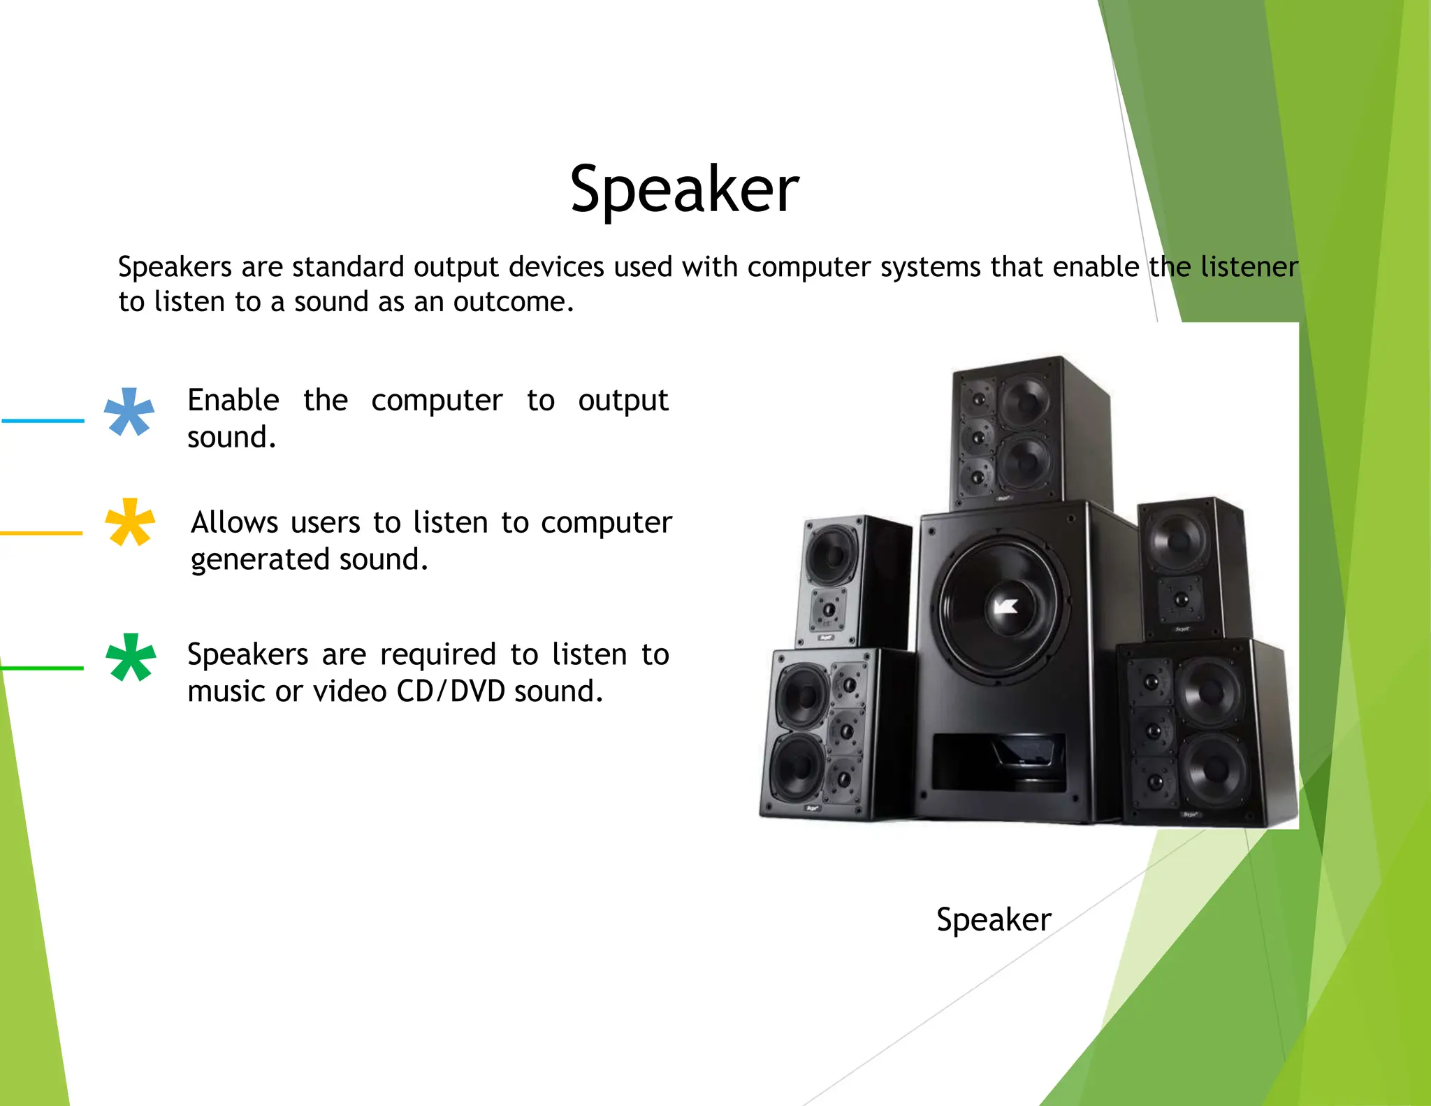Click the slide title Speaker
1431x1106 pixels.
point(684,189)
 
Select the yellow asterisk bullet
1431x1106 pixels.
point(129,522)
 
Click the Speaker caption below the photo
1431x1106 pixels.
point(993,919)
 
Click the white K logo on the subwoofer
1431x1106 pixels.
point(1005,605)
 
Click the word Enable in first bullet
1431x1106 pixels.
point(233,400)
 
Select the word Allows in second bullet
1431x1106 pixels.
point(235,522)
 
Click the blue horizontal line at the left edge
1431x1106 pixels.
point(42,421)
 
